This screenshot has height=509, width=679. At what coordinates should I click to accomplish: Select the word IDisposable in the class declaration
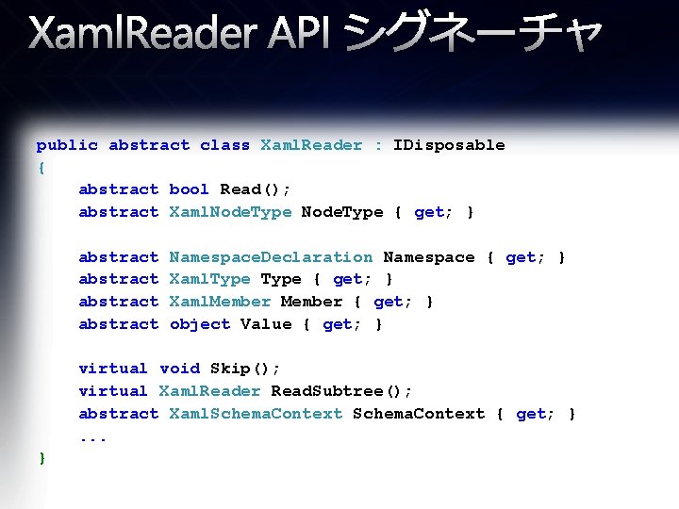[x=449, y=145]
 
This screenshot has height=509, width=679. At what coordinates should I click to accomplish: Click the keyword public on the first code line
[x=67, y=145]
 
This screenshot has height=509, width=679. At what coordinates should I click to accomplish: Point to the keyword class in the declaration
[x=225, y=145]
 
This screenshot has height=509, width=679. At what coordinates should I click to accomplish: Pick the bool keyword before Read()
[x=190, y=189]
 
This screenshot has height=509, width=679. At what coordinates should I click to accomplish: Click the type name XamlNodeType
[x=230, y=212]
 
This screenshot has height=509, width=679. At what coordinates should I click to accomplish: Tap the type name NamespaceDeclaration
[x=271, y=257]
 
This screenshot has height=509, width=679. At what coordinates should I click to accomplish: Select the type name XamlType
[x=209, y=279]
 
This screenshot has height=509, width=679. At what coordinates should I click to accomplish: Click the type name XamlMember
[x=220, y=302]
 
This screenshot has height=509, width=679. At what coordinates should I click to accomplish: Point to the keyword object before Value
[x=200, y=324]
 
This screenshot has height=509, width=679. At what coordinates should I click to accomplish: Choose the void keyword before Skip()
[x=180, y=369]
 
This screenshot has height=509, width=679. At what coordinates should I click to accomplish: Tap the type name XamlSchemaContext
[x=256, y=414]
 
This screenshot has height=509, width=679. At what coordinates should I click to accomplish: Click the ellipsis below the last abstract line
[x=93, y=437]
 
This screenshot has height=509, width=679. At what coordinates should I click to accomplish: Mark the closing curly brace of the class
[x=41, y=458]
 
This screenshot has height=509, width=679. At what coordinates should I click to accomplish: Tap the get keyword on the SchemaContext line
[x=532, y=414]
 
